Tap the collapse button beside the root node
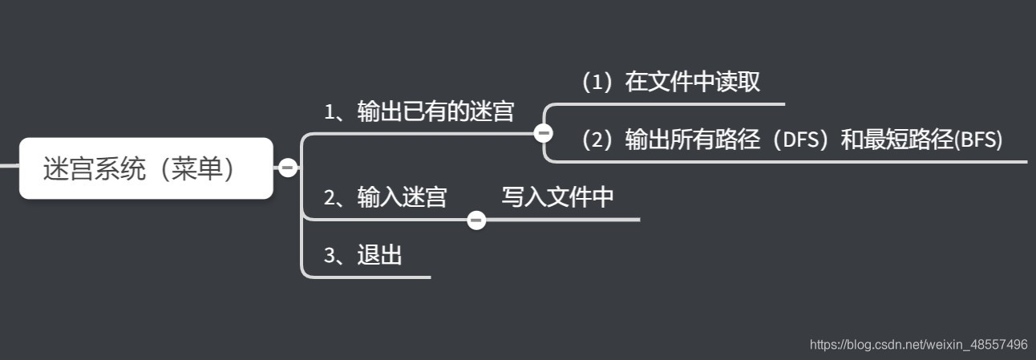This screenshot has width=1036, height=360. [x=287, y=168]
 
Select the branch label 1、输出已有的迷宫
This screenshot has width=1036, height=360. [x=419, y=112]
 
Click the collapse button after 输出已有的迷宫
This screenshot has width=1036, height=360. [x=543, y=133]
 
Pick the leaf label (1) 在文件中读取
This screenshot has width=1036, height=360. [x=670, y=82]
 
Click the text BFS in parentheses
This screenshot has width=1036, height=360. [x=979, y=140]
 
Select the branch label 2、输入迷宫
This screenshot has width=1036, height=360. [x=385, y=197]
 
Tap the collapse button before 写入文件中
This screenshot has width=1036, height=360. [x=476, y=220]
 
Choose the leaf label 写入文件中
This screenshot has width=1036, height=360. [x=558, y=197]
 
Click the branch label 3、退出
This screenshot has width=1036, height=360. [x=362, y=256]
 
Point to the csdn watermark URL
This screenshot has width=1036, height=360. [x=918, y=345]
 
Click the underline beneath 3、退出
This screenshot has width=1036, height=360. [x=369, y=277]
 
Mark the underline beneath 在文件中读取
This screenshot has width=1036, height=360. [x=682, y=104]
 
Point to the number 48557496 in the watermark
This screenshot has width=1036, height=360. [x=998, y=345]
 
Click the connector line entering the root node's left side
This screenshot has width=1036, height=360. [x=9, y=166]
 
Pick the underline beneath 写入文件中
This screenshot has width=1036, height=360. [x=561, y=219]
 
